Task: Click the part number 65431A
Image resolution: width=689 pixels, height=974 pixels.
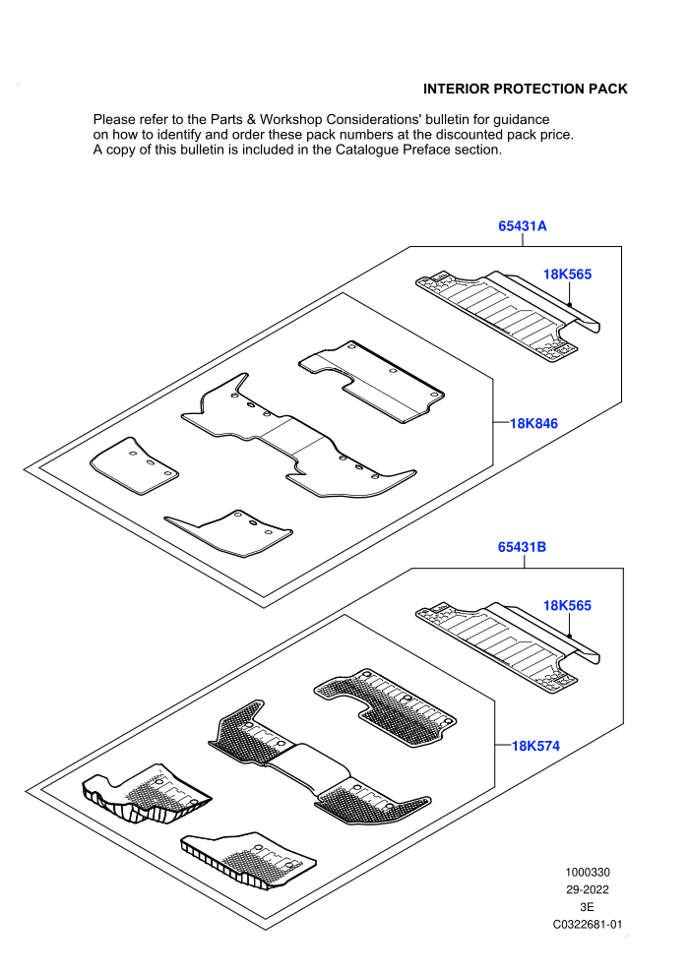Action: pyautogui.click(x=523, y=226)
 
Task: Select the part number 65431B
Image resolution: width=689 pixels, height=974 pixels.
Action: pyautogui.click(x=522, y=547)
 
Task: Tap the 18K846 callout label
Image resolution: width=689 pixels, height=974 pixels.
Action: pyautogui.click(x=533, y=424)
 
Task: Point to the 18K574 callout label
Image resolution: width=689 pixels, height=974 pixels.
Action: pyautogui.click(x=535, y=746)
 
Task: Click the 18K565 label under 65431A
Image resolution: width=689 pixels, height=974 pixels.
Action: pyautogui.click(x=567, y=274)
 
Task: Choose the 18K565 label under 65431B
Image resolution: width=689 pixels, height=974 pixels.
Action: pyautogui.click(x=567, y=605)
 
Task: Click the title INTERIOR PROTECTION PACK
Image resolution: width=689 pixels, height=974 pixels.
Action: pyautogui.click(x=526, y=89)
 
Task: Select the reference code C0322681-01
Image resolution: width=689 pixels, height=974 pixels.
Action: pyautogui.click(x=587, y=924)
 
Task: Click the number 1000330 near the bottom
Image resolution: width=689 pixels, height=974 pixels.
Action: pyautogui.click(x=587, y=872)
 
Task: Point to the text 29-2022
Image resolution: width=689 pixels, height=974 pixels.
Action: pyautogui.click(x=587, y=889)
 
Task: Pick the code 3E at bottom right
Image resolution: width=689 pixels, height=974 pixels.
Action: pyautogui.click(x=587, y=907)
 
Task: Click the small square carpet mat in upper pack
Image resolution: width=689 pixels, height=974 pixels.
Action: pyautogui.click(x=134, y=465)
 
